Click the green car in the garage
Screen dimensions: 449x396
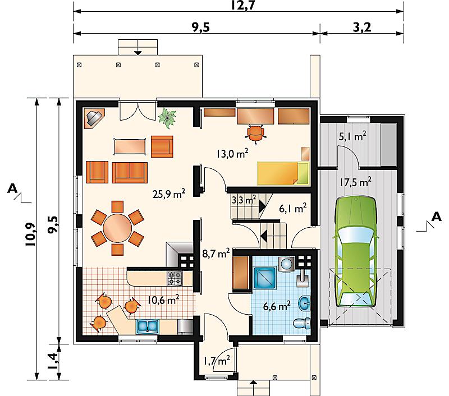pyautogui.click(x=355, y=252)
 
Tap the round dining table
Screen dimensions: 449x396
pyautogui.click(x=117, y=228)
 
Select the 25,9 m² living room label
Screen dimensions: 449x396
pyautogui.click(x=169, y=194)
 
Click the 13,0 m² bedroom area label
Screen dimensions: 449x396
pyautogui.click(x=232, y=153)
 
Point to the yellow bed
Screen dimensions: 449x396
pyautogui.click(x=283, y=173)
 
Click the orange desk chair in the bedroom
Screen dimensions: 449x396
pyautogui.click(x=256, y=133)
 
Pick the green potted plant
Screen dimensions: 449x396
pyautogui.click(x=167, y=117)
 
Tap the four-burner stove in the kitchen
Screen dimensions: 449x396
pyautogui.click(x=175, y=278)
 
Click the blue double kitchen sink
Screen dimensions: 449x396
pyautogui.click(x=147, y=326)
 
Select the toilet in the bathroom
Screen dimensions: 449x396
pyautogui.click(x=302, y=323)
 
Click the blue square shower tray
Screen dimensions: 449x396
pyautogui.click(x=264, y=277)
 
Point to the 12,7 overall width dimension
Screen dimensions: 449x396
pyautogui.click(x=242, y=6)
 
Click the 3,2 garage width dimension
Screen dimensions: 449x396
pyautogui.click(x=362, y=27)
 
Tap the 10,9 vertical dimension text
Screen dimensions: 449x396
pyautogui.click(x=30, y=234)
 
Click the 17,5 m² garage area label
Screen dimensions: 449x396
pyautogui.click(x=355, y=182)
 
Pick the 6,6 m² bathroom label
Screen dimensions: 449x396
pyautogui.click(x=277, y=306)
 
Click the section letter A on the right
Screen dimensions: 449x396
pyautogui.click(x=437, y=217)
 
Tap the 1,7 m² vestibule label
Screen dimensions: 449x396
pyautogui.click(x=217, y=361)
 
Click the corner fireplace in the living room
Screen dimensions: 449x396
pyautogui.click(x=94, y=118)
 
